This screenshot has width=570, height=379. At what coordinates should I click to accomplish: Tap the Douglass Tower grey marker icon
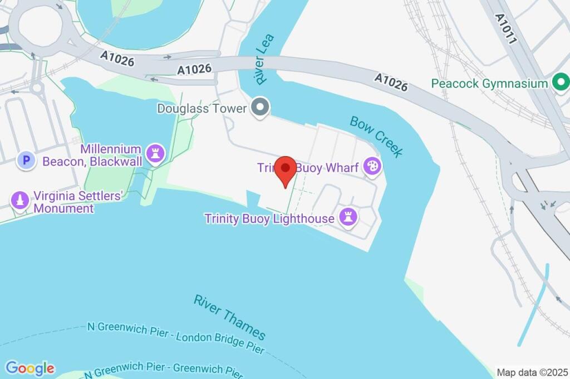point(259,108)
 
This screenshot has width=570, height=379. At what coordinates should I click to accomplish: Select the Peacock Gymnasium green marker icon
point(560,84)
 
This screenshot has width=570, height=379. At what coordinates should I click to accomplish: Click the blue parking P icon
point(26,161)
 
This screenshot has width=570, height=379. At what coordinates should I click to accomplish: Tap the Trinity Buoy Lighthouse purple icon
point(348,218)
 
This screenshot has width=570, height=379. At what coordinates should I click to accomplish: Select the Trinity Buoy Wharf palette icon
point(371,167)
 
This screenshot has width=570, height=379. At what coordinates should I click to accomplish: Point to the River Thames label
point(229,316)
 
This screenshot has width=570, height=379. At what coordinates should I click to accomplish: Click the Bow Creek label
point(376,137)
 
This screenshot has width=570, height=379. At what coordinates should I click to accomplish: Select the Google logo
point(30,368)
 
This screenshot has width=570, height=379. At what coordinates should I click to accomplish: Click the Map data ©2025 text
point(532,372)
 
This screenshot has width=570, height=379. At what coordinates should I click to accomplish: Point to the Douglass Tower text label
point(202,108)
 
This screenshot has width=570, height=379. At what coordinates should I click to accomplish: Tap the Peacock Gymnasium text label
point(490,84)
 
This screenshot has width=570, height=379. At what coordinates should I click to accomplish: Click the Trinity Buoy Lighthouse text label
point(269,218)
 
